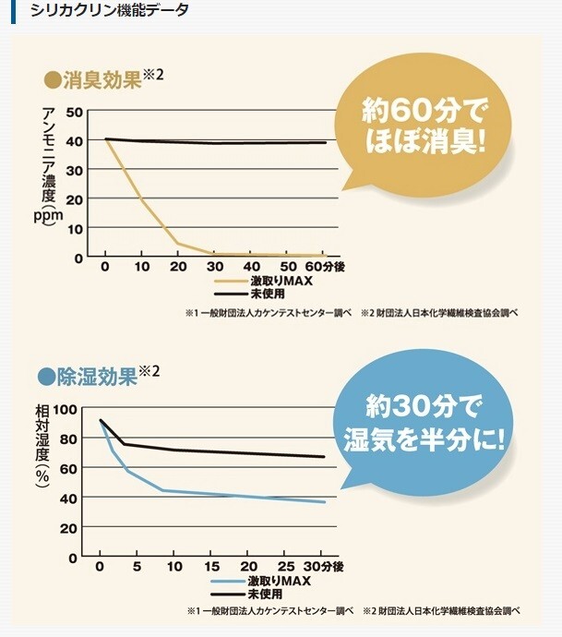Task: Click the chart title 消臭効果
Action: [102, 79]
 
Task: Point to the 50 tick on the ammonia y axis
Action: [74, 113]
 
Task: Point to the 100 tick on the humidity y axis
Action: [65, 409]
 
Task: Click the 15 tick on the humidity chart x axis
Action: [211, 565]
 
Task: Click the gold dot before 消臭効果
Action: [52, 80]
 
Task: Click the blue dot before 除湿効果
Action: [48, 377]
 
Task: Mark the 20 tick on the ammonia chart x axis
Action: [178, 266]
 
